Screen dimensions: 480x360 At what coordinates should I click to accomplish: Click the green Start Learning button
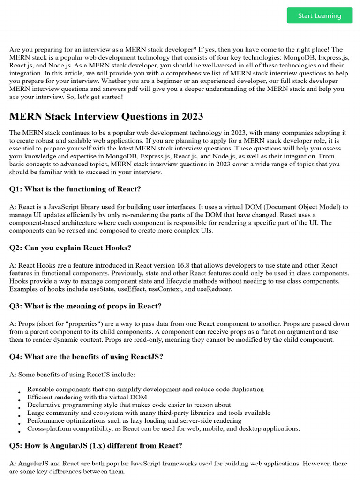point(319,15)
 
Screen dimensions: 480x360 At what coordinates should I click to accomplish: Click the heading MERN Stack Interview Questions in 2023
point(106,116)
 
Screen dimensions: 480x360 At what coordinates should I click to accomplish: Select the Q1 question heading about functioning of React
point(75,189)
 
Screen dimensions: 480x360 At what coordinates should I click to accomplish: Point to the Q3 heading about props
point(85,306)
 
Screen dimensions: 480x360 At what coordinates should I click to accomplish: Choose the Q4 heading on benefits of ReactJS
point(86,356)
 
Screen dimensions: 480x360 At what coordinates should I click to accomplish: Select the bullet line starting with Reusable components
point(145,389)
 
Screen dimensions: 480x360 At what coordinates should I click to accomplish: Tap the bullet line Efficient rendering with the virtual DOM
point(94,397)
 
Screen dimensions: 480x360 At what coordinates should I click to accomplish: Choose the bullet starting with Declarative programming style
point(129,405)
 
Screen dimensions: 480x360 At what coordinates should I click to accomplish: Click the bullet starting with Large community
point(149,412)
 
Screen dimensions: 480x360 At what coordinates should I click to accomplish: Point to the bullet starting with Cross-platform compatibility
point(163,428)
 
